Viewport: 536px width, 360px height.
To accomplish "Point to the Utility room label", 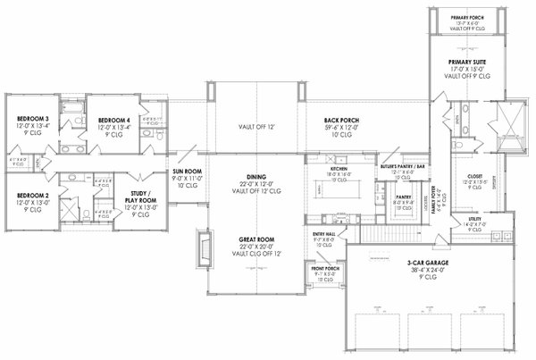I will (x=474, y=218).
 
